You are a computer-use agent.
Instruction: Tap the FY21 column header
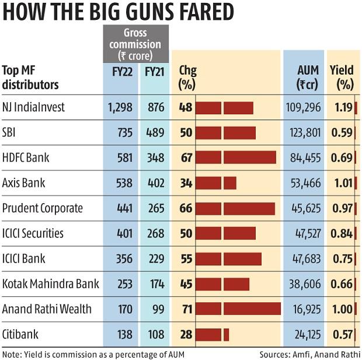[154, 72]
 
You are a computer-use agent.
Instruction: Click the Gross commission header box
[135, 44]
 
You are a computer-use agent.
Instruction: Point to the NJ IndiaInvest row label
[33, 107]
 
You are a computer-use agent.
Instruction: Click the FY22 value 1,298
[120, 107]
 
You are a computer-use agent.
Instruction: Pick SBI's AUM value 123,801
[305, 132]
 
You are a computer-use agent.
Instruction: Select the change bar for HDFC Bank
[235, 158]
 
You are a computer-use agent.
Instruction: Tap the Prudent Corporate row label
[43, 208]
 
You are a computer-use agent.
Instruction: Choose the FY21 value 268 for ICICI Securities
[154, 233]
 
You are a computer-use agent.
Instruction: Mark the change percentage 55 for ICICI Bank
[186, 258]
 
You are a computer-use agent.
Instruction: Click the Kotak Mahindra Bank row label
[50, 284]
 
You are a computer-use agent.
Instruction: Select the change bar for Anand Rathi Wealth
[238, 309]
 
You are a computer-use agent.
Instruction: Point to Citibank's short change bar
[212, 334]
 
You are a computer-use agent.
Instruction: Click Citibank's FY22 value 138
[124, 334]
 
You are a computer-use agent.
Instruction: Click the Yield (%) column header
[342, 78]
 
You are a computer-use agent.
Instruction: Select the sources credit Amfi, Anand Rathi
[310, 354]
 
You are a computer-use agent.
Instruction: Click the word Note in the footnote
[11, 354]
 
